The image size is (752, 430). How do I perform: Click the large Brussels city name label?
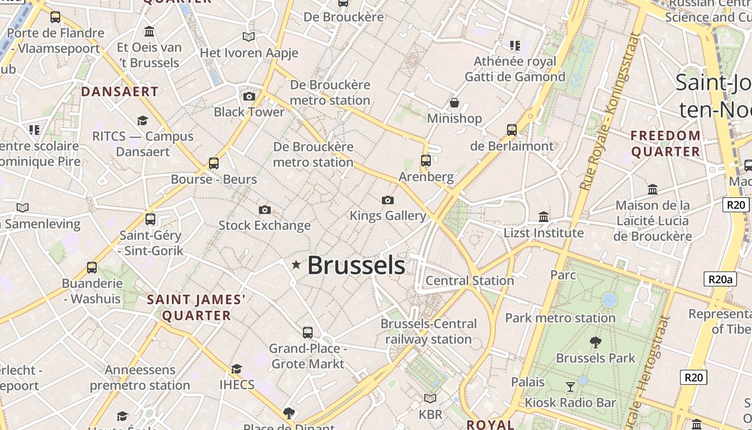356,266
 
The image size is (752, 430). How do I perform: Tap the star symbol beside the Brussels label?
295,264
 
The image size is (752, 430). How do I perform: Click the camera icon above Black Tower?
249,97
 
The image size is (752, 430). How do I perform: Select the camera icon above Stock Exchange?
264,210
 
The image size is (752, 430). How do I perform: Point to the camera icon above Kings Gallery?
387,200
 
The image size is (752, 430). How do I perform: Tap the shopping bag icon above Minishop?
454,102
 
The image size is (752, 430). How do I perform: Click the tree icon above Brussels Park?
595,342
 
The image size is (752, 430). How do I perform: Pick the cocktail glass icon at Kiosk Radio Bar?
570,386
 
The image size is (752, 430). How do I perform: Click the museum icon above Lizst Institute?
543,217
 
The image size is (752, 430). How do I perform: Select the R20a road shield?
720,279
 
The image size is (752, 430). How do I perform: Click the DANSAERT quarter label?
120,92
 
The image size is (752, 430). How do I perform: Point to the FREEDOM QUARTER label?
666,144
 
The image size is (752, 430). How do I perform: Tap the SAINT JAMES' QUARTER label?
196,307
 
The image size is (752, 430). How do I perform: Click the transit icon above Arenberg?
426,161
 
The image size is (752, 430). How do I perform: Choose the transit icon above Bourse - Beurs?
214,163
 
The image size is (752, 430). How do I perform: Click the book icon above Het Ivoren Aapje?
248,37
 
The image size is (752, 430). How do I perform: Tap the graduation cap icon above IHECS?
236,369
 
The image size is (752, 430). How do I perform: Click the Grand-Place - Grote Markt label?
308,356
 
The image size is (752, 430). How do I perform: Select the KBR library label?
430,414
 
